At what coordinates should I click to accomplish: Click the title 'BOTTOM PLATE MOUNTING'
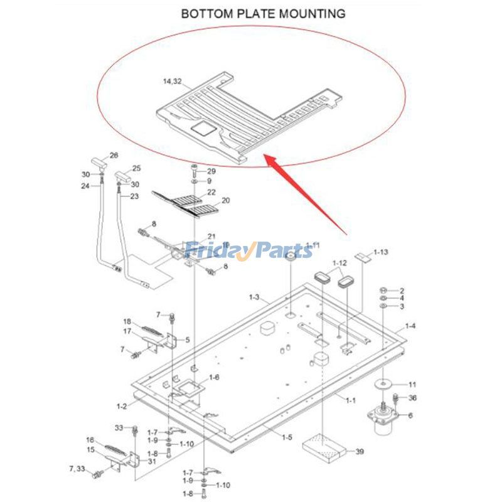(263, 13)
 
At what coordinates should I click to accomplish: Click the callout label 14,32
(172, 82)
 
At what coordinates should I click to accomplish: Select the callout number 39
(360, 451)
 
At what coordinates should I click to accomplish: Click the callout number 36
(412, 398)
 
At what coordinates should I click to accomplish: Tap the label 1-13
(380, 252)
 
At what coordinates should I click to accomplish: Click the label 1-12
(339, 263)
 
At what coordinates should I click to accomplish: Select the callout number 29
(211, 171)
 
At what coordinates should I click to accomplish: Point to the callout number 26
(114, 155)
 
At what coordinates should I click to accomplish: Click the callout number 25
(136, 168)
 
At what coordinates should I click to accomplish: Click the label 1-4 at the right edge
(410, 326)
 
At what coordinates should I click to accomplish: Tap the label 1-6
(214, 377)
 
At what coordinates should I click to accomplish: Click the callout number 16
(90, 440)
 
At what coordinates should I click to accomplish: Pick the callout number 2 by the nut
(402, 290)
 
